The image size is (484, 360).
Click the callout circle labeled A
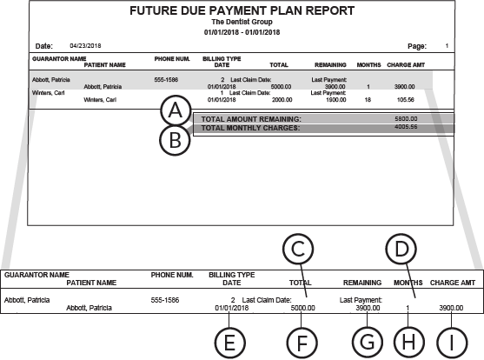[176, 111]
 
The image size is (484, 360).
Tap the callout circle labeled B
[176, 141]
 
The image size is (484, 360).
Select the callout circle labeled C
[300, 250]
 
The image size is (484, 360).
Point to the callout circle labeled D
[399, 250]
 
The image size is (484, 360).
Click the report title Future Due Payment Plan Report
[242, 11]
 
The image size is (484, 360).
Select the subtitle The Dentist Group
[242, 23]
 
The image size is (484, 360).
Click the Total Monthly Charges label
[250, 127]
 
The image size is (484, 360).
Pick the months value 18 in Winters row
[368, 99]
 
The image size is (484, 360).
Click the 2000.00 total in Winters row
[281, 99]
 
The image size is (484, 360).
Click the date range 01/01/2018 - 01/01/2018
[242, 32]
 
